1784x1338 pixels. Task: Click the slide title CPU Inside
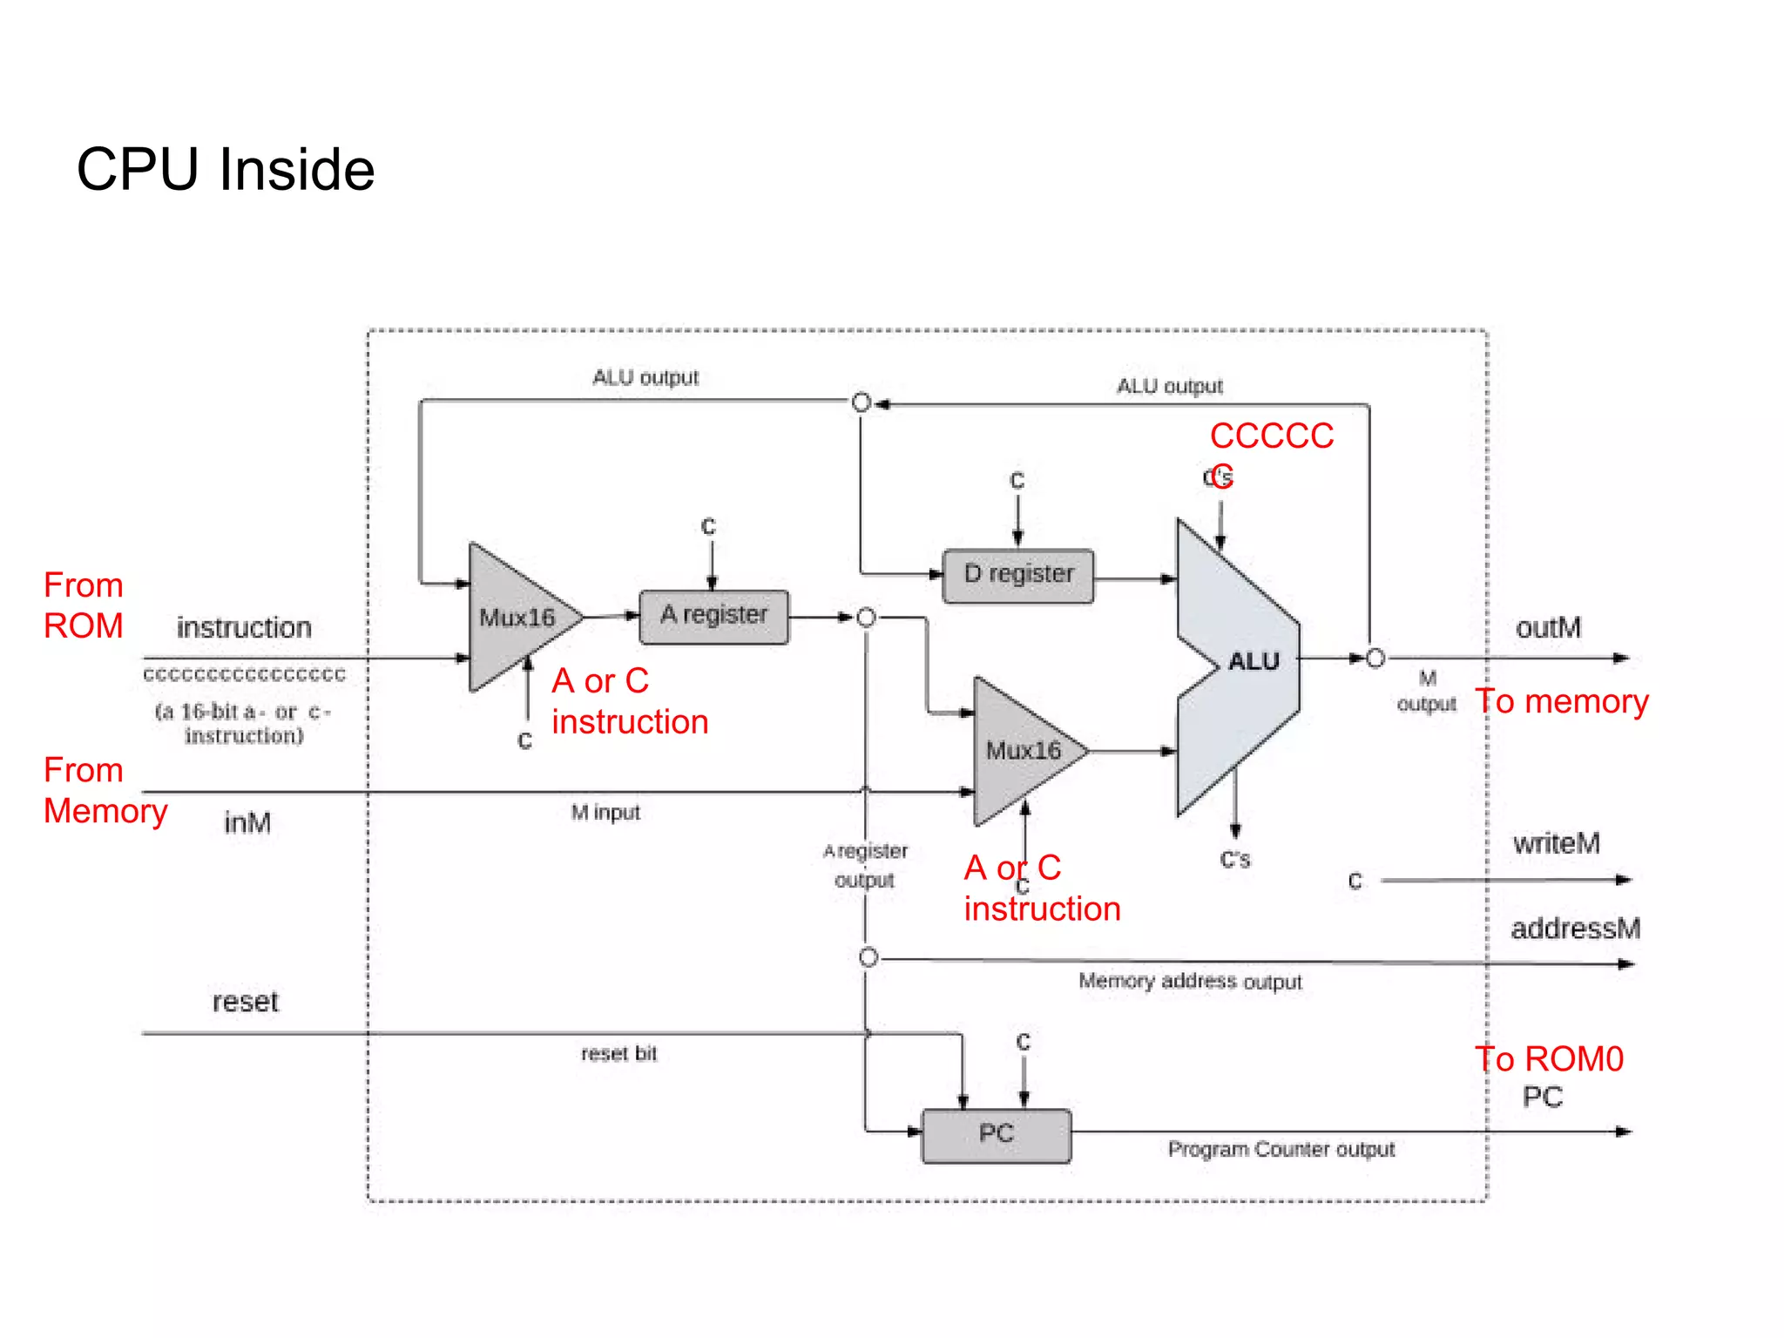(226, 169)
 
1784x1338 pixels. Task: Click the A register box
(713, 617)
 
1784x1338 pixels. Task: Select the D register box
(1017, 576)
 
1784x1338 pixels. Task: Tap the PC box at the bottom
(996, 1135)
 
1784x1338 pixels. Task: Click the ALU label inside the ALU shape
(1253, 662)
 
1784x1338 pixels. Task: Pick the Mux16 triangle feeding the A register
(517, 618)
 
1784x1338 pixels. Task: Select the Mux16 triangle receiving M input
(1023, 751)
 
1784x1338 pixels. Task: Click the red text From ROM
(84, 605)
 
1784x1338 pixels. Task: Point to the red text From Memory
(104, 791)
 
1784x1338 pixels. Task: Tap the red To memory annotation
(1561, 702)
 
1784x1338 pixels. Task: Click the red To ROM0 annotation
(1549, 1059)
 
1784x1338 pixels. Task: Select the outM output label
(1548, 628)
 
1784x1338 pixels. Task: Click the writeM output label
(1556, 843)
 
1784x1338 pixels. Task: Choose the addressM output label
(1575, 929)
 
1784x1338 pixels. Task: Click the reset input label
(245, 1002)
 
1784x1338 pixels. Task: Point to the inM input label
(247, 822)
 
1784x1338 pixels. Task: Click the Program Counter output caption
(1281, 1150)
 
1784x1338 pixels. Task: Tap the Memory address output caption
(1190, 982)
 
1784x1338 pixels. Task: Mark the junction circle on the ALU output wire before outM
(1375, 659)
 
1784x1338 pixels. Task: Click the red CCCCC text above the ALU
(1271, 436)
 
